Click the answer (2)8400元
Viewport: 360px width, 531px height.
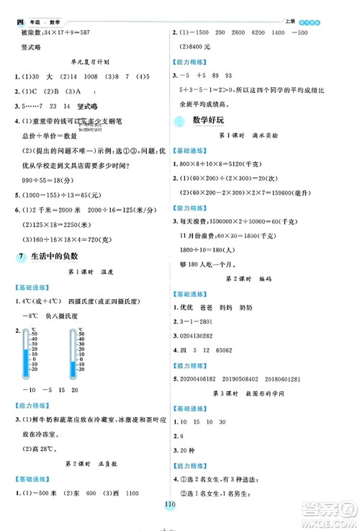[x=199, y=48]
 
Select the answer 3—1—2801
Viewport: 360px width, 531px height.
[x=204, y=322]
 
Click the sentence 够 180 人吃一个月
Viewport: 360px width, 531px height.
[x=219, y=259]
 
